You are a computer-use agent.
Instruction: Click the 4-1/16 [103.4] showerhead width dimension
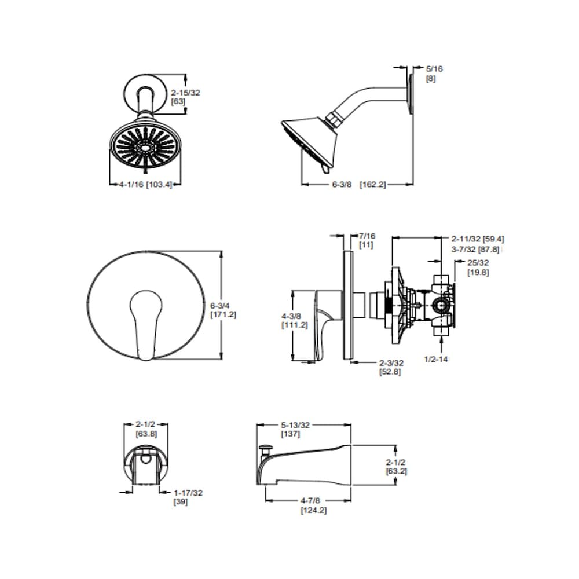click(145, 185)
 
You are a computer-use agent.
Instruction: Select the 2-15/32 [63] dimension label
click(185, 96)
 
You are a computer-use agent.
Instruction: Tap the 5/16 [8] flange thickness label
click(434, 73)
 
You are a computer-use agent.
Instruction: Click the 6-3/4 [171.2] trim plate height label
click(223, 310)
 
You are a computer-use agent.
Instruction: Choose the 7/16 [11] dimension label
click(368, 240)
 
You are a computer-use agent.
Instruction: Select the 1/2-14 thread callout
click(436, 359)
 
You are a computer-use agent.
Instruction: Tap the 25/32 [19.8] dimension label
click(478, 267)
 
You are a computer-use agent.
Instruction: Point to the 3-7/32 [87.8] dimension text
click(475, 250)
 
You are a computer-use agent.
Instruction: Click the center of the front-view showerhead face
click(145, 148)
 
